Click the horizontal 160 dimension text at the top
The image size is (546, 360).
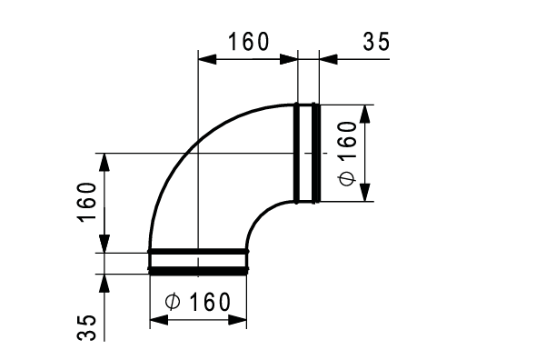point(248,42)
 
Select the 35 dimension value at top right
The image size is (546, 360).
point(376,42)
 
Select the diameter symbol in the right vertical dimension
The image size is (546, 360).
point(347,178)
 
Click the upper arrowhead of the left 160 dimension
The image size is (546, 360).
point(105,163)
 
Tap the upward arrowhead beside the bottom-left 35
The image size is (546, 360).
point(105,281)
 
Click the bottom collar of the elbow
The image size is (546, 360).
point(198,260)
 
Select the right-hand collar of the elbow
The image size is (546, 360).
point(306,153)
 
